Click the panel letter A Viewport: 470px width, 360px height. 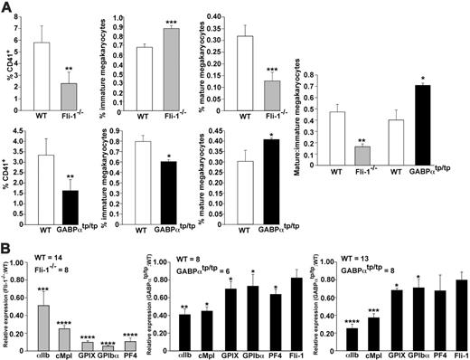tap(7, 7)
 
